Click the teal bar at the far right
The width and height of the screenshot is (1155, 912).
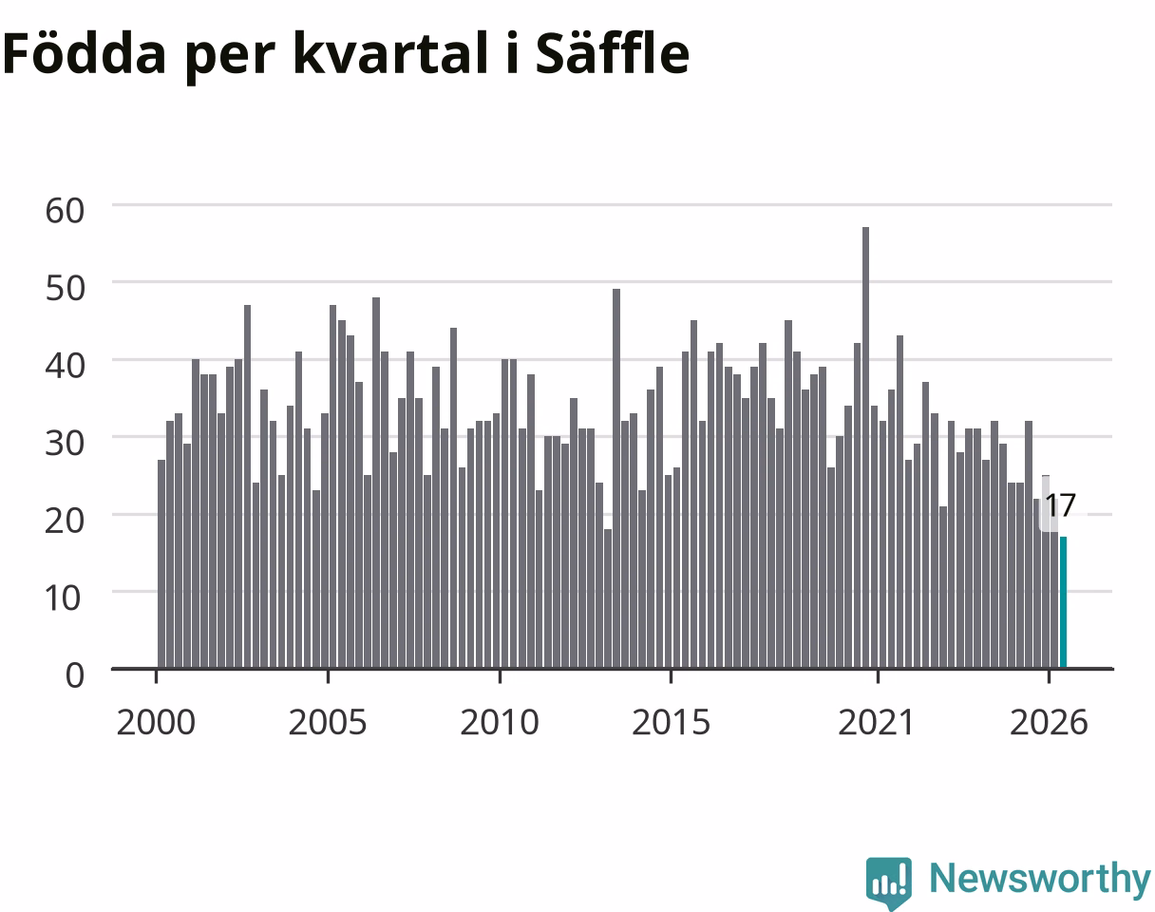click(x=1063, y=602)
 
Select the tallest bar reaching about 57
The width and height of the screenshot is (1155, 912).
click(x=865, y=447)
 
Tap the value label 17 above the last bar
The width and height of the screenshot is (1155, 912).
click(x=1061, y=505)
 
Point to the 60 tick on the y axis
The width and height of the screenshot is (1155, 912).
click(x=65, y=210)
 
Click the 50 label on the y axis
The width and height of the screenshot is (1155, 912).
click(x=65, y=288)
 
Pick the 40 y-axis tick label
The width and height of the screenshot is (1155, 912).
click(x=65, y=366)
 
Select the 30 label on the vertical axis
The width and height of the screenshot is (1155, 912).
click(x=65, y=444)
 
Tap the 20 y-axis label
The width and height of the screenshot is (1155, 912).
click(x=65, y=521)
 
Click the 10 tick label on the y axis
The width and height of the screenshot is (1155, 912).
click(x=64, y=598)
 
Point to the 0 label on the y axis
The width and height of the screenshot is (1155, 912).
click(x=75, y=675)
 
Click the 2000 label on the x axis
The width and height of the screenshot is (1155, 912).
click(x=156, y=723)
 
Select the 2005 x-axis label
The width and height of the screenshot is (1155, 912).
click(x=328, y=723)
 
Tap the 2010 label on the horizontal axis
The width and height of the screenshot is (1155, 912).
click(x=500, y=723)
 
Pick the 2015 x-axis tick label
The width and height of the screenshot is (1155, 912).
click(x=672, y=723)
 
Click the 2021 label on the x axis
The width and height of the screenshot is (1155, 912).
click(x=877, y=723)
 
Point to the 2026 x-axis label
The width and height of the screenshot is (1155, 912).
click(x=1049, y=723)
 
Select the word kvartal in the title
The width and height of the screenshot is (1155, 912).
click(x=390, y=54)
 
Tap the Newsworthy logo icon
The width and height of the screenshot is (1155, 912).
click(x=889, y=880)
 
